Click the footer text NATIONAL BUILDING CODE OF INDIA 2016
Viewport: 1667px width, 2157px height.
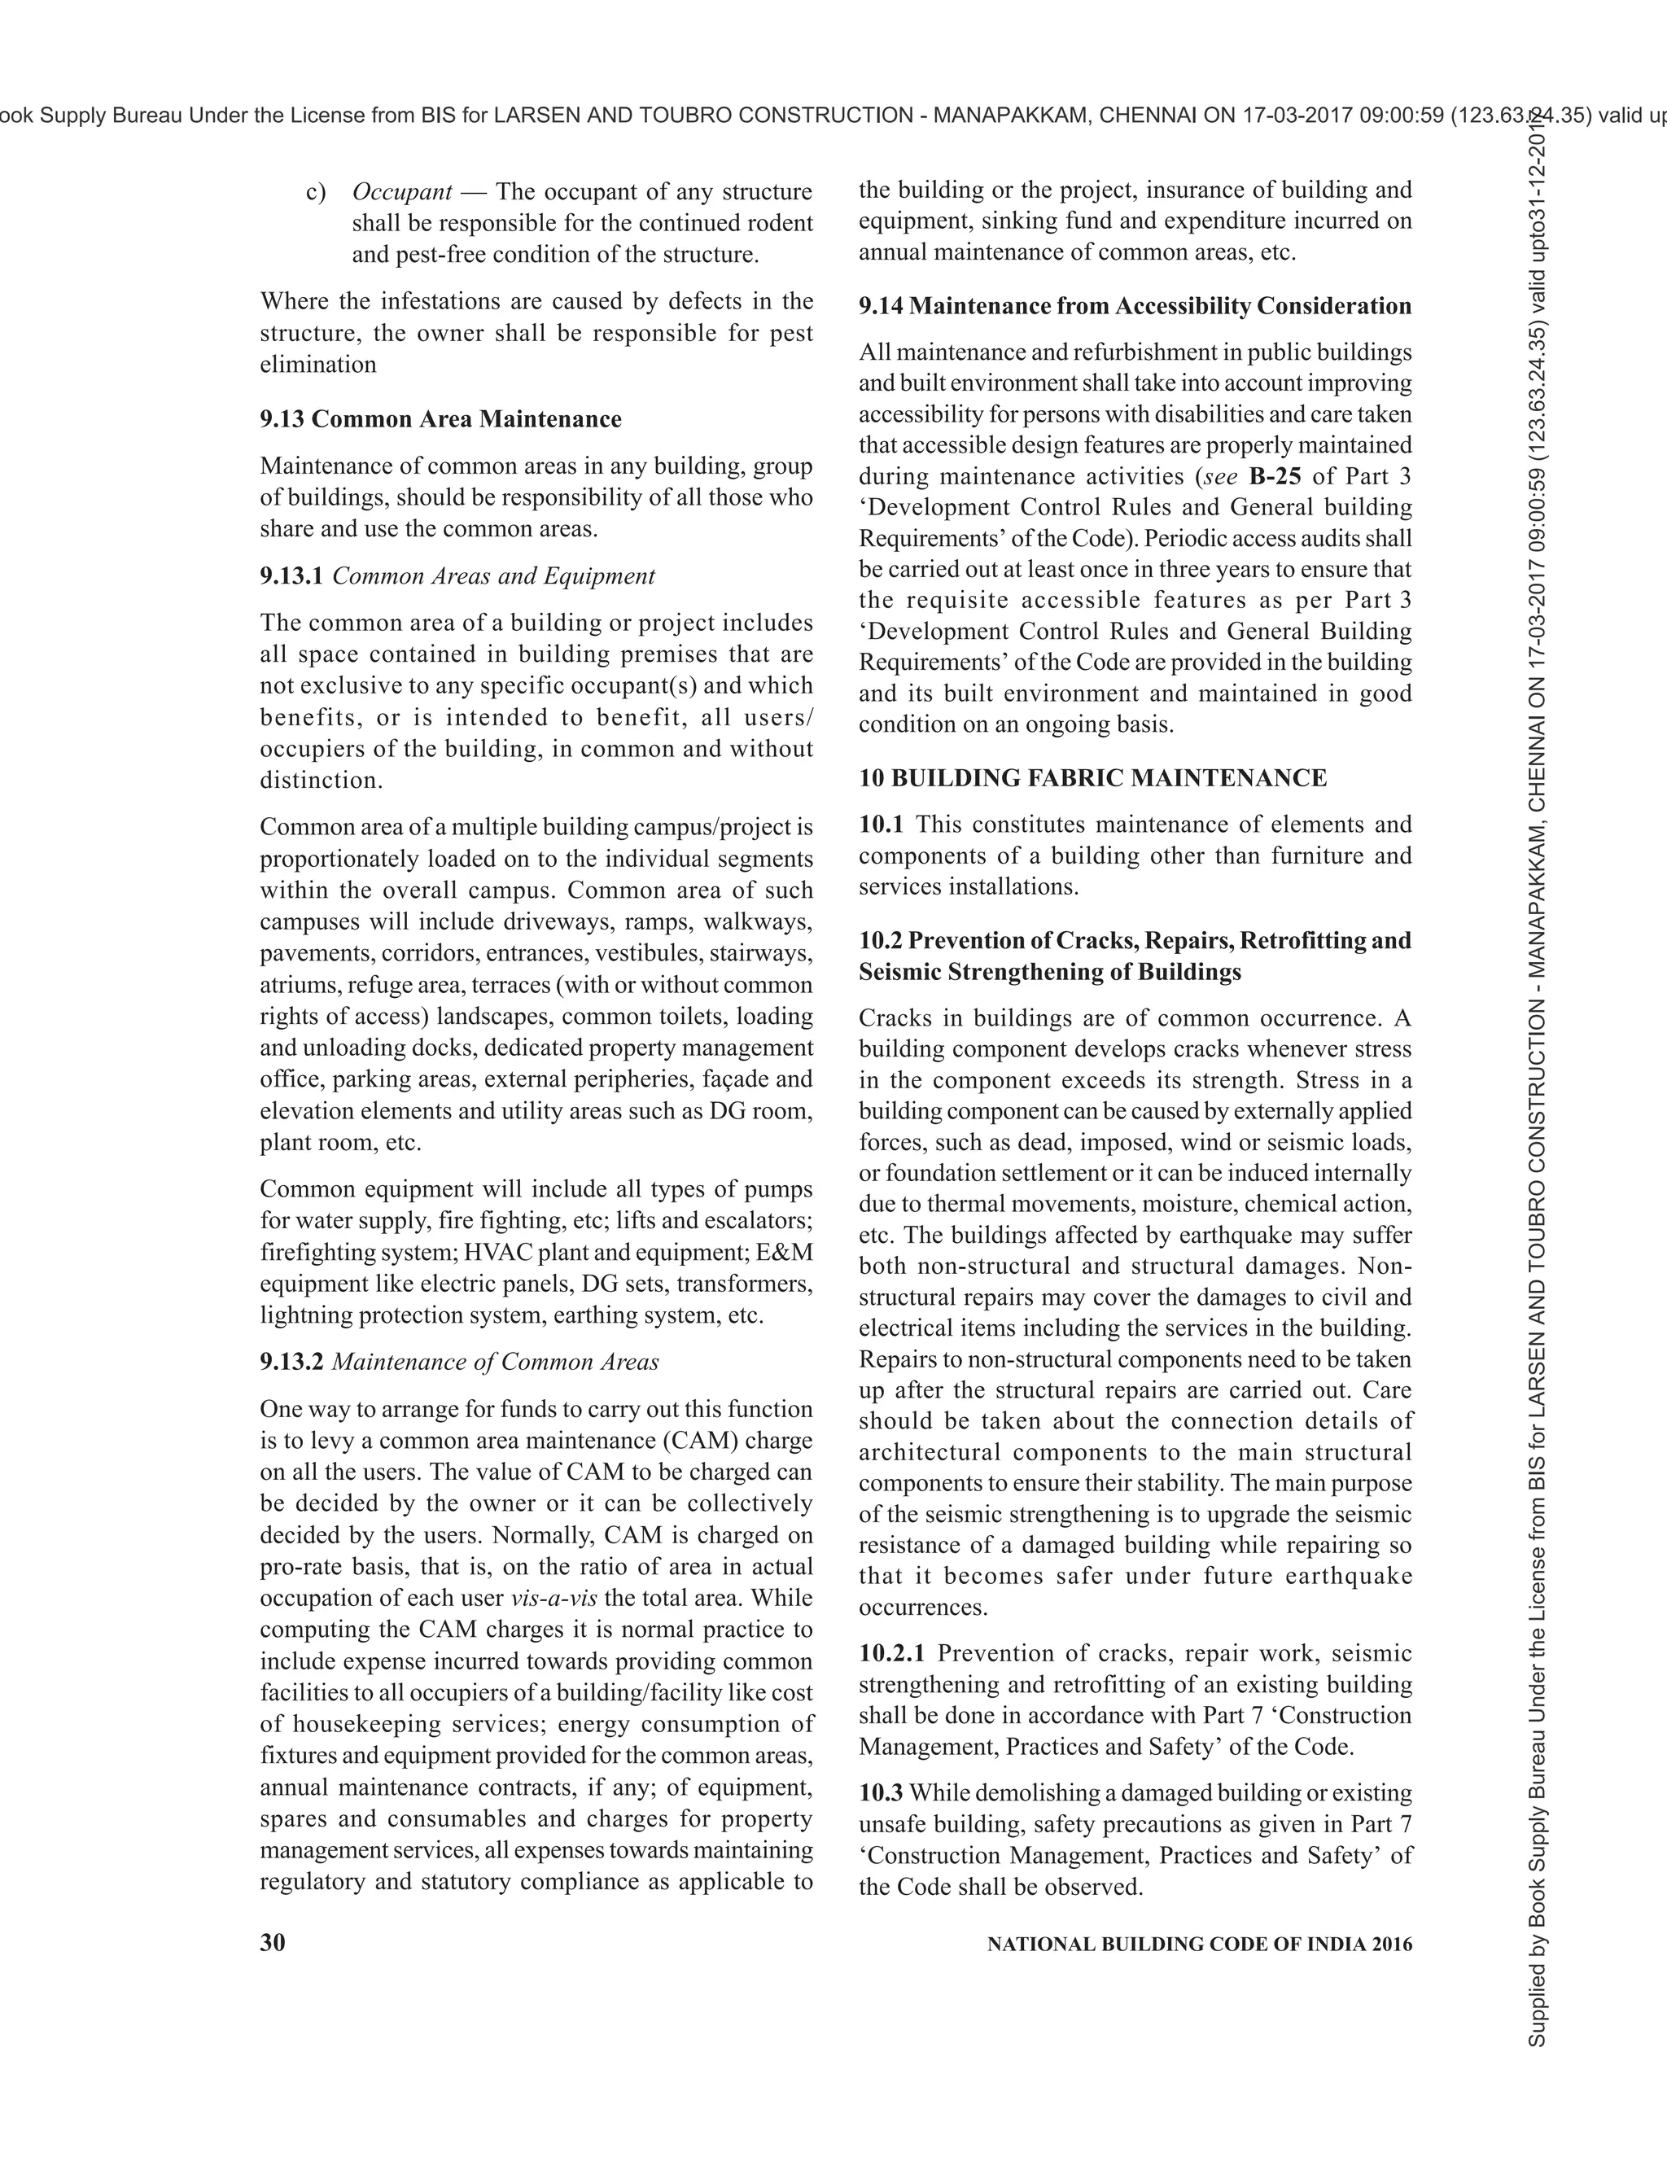click(x=1200, y=1945)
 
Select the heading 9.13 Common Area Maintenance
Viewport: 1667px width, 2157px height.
click(x=440, y=418)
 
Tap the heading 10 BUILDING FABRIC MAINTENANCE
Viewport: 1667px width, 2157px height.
click(x=1092, y=778)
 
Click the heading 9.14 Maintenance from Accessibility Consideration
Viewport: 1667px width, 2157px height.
click(x=1135, y=306)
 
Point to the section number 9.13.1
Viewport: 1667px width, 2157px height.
click(x=291, y=575)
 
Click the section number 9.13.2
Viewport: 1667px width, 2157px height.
click(x=291, y=1362)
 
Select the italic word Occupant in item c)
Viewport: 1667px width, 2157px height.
click(x=402, y=191)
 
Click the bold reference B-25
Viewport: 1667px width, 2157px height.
click(x=1274, y=476)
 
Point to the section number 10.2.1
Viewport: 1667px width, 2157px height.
click(x=892, y=1653)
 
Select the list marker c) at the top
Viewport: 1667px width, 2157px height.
click(x=316, y=191)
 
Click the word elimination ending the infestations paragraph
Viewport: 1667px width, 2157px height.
click(x=318, y=365)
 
